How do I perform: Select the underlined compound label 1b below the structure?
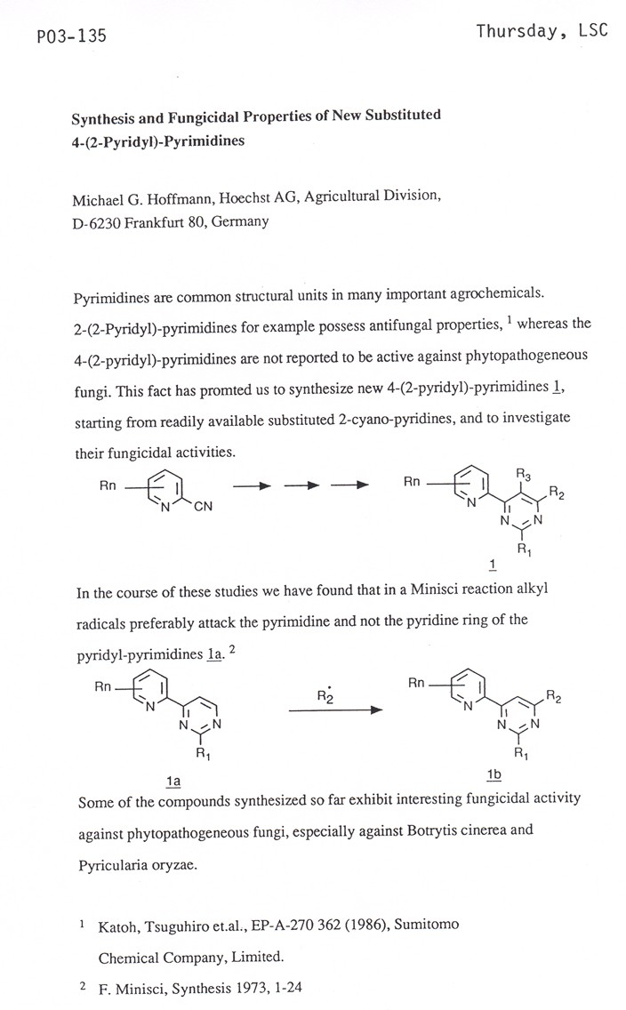pos(494,775)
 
